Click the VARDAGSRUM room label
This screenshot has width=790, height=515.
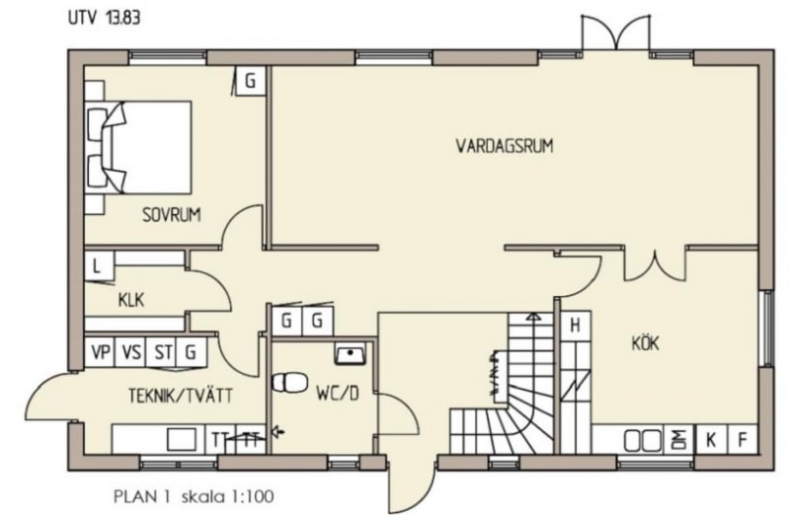pos(505,146)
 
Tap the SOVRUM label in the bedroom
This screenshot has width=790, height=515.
pos(171,215)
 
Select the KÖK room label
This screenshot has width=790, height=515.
pos(646,343)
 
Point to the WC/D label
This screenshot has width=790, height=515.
pos(338,394)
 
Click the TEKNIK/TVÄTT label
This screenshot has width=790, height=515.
pos(181,396)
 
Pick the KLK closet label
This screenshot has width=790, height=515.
pos(131,301)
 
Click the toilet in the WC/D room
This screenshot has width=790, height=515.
pos(289,382)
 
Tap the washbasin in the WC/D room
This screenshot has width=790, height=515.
pos(351,354)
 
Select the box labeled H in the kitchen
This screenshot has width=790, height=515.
pos(575,327)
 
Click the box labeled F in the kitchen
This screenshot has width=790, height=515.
pos(743,440)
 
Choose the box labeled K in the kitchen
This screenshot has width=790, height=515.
pos(711,440)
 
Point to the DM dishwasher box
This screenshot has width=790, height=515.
pos(679,440)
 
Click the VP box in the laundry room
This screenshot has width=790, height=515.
pos(100,352)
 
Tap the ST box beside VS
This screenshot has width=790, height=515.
pos(161,352)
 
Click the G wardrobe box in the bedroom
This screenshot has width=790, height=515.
pos(250,80)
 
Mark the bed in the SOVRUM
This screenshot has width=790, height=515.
pos(138,147)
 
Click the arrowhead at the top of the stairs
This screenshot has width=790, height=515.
pos(533,317)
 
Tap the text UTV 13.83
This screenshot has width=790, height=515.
pos(105,18)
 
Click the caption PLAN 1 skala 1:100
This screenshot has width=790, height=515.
pos(194,497)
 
